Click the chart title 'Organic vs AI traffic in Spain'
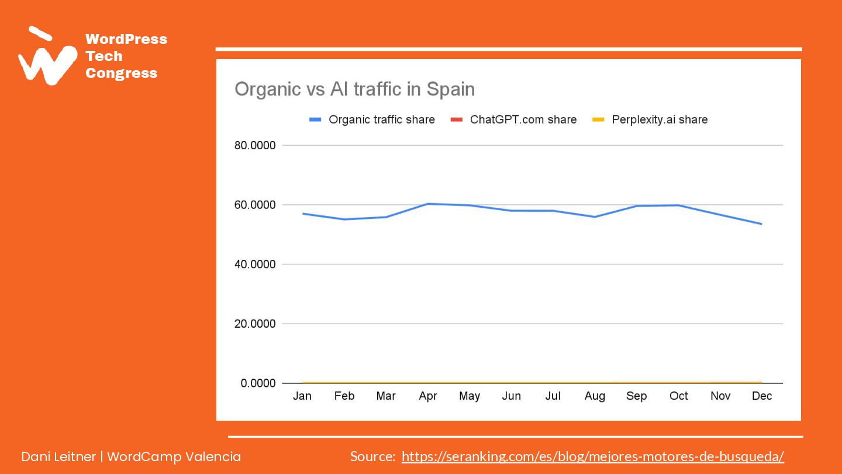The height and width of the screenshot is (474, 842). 354,90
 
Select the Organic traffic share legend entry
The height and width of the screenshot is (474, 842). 381,119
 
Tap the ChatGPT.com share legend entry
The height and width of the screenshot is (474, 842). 523,119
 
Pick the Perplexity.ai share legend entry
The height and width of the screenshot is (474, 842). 659,119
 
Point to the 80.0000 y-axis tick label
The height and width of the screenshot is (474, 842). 255,145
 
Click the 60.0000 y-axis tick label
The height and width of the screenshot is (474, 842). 255,205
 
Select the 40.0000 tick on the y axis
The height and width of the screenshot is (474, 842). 255,265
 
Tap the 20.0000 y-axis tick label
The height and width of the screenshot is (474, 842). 255,324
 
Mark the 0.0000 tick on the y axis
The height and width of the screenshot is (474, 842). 258,383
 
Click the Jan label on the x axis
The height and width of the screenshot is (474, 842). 302,396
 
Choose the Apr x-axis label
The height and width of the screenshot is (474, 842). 428,396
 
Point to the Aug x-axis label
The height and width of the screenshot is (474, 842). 595,396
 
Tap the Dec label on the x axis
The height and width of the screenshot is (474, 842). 762,396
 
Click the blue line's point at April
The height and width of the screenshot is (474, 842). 428,204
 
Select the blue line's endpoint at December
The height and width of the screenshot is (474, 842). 761,224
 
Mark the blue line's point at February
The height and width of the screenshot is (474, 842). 344,219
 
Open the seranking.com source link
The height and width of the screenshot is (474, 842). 592,456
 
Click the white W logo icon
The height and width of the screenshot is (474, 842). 47,59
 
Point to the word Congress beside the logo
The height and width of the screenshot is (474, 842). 122,73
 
